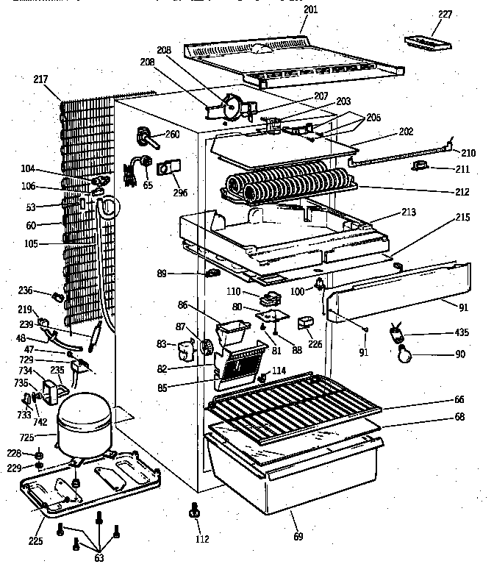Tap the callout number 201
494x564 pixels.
tap(310, 10)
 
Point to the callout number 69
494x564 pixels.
tap(299, 536)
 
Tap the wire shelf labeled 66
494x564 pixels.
tap(294, 401)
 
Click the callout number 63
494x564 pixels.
tap(98, 557)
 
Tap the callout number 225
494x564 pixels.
tap(36, 541)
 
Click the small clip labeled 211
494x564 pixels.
tap(422, 168)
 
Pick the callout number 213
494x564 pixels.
tap(408, 213)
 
